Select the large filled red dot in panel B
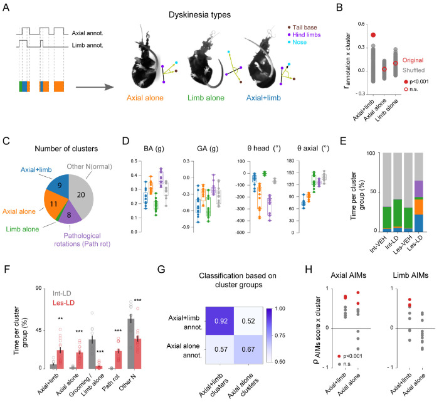click(373, 36)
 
